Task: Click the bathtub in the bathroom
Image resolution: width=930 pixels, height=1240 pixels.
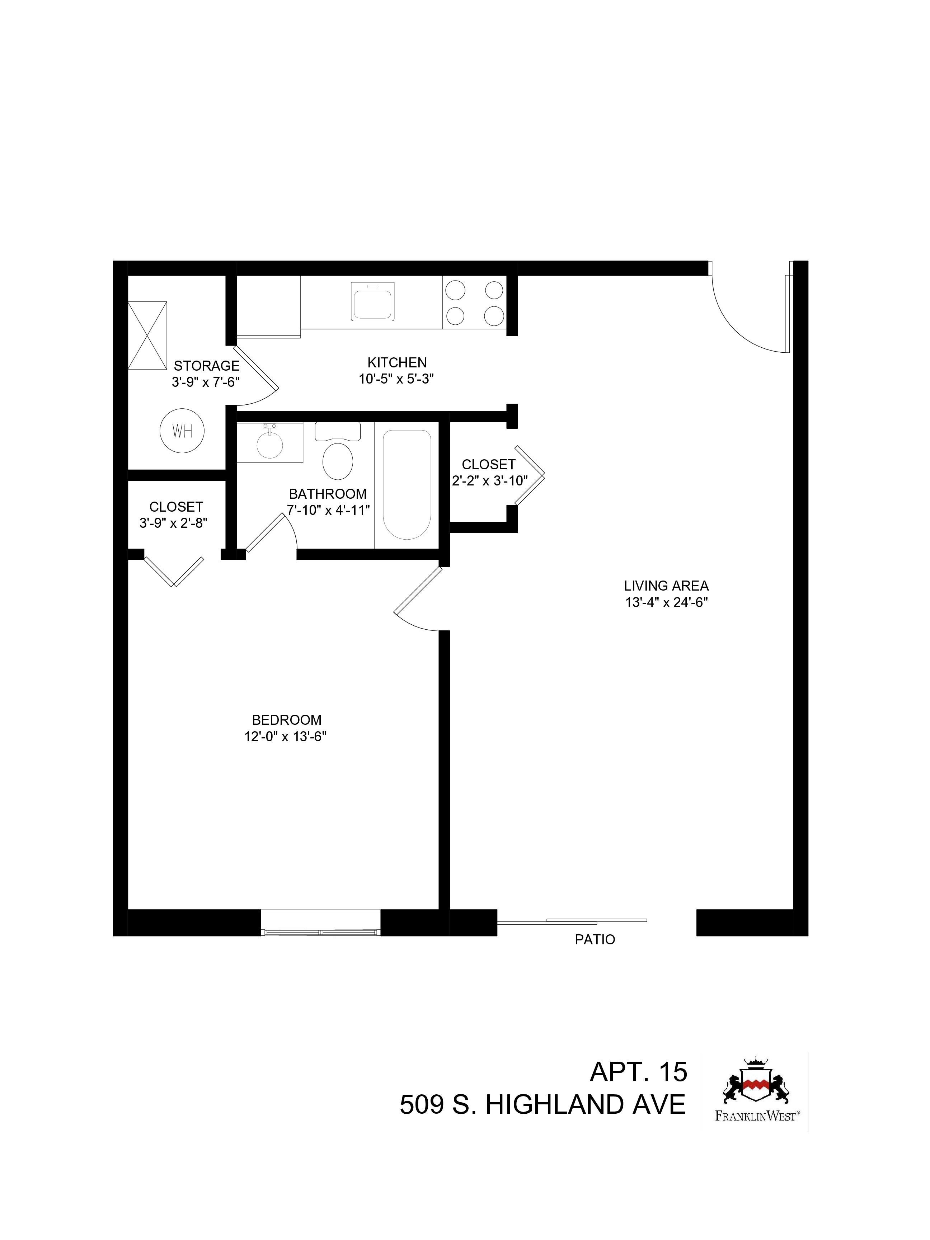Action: pyautogui.click(x=407, y=484)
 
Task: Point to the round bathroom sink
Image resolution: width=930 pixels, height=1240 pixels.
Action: pyautogui.click(x=270, y=445)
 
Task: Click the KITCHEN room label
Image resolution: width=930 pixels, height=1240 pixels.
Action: pyautogui.click(x=397, y=362)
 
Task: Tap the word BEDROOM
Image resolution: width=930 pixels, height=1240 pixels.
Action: pyautogui.click(x=286, y=719)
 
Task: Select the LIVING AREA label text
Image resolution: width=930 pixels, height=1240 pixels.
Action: pyautogui.click(x=666, y=586)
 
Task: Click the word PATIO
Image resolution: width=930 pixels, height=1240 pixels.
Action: pyautogui.click(x=595, y=940)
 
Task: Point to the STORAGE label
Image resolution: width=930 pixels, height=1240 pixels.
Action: pyautogui.click(x=206, y=366)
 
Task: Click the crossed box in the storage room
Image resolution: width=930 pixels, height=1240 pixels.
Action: pyautogui.click(x=147, y=335)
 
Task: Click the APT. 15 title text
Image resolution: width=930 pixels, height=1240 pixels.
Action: pyautogui.click(x=639, y=1072)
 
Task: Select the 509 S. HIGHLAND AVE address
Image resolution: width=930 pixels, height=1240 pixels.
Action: pyautogui.click(x=542, y=1105)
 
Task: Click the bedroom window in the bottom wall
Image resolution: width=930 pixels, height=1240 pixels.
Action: pyautogui.click(x=321, y=922)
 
